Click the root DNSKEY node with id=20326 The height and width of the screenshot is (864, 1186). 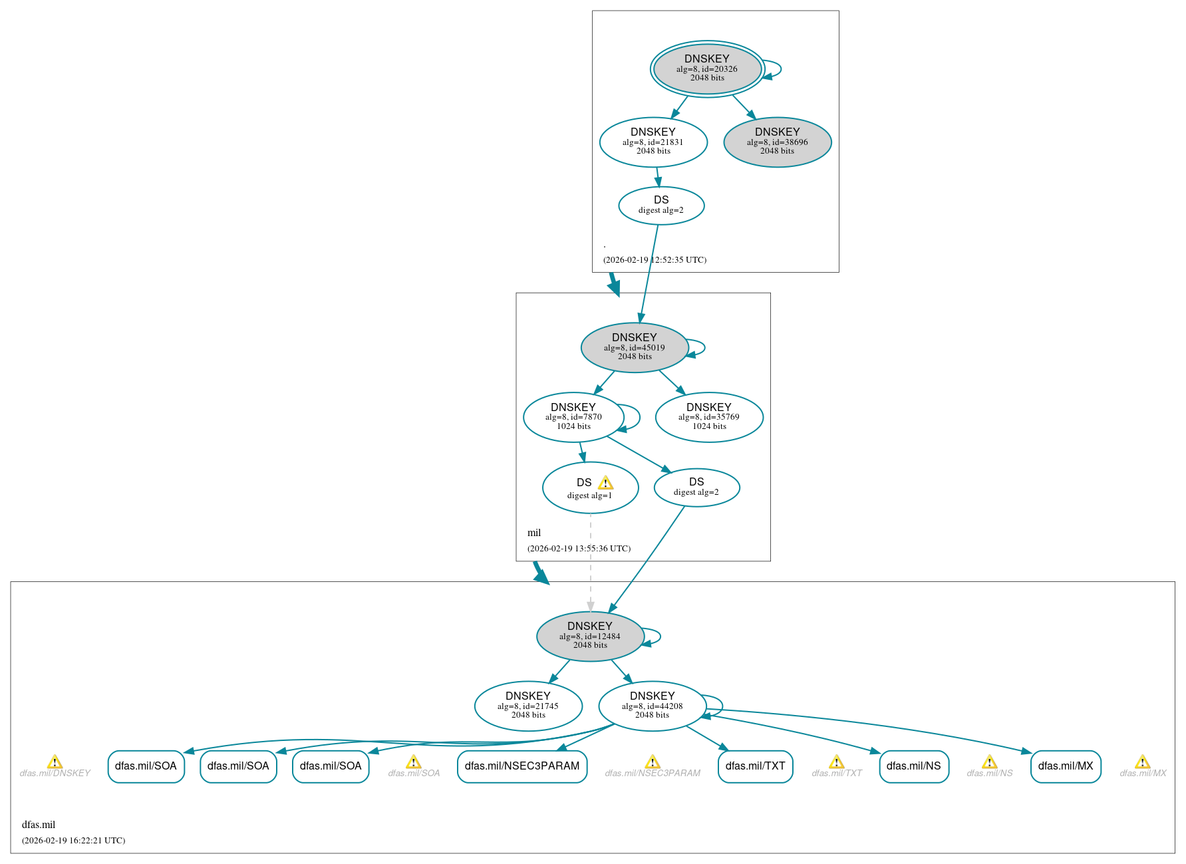(706, 69)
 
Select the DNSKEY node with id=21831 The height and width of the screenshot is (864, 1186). (653, 142)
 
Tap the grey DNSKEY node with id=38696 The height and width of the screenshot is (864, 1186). (777, 142)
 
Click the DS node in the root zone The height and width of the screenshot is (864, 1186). (661, 206)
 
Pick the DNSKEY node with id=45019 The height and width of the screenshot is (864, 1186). (634, 347)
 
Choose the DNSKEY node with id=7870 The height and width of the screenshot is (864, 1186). (573, 417)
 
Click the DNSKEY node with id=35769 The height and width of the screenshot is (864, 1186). (708, 417)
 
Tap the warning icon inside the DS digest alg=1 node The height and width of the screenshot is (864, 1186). (605, 483)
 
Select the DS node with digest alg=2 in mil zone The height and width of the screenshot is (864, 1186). (696, 488)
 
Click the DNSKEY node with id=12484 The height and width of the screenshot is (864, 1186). (589, 636)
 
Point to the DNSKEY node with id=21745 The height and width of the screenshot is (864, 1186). (527, 706)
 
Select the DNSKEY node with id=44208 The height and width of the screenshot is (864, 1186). (652, 706)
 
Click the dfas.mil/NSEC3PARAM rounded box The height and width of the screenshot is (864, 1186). (521, 766)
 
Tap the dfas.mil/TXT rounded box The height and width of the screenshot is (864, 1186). (755, 766)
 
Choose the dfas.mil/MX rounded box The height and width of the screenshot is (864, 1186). (1065, 766)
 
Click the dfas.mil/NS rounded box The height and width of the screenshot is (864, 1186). (913, 766)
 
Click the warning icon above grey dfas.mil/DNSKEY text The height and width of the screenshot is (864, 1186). (55, 762)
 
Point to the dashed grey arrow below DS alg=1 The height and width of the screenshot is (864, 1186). (590, 565)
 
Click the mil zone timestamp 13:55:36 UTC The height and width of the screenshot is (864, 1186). (579, 549)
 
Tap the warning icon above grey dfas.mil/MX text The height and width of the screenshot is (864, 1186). (1142, 762)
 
